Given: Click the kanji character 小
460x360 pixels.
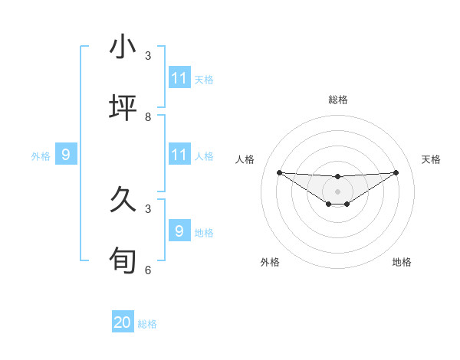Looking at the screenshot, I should pos(123,47).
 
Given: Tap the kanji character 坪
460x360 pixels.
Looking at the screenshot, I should pos(123,109).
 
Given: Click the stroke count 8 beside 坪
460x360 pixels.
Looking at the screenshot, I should pos(148,116).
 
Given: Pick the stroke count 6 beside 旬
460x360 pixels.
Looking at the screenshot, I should pos(148,270).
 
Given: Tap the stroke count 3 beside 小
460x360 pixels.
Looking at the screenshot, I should pos(148,55).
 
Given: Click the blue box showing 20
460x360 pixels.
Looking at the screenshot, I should pos(123,322).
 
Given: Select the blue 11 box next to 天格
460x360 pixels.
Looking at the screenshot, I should pos(179,78).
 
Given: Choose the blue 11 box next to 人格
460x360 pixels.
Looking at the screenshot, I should pos(179,155).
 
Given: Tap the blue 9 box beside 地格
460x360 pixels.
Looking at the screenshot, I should pos(179,231).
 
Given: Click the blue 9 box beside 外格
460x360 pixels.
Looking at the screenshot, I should pos(66,155).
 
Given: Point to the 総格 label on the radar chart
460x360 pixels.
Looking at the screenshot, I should pos(337,100).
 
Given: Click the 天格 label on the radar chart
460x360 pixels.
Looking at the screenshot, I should pos(431,159).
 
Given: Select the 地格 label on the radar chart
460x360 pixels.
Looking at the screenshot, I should pos(402,262).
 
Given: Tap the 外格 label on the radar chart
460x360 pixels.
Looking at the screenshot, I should pos(270,262).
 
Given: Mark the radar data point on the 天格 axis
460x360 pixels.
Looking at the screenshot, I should pos(396,172).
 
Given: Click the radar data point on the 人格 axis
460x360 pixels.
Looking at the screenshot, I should pos(279,172).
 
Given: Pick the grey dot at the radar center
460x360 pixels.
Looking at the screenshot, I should pos(337,191).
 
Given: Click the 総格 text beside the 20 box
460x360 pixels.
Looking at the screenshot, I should pos(147,324).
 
